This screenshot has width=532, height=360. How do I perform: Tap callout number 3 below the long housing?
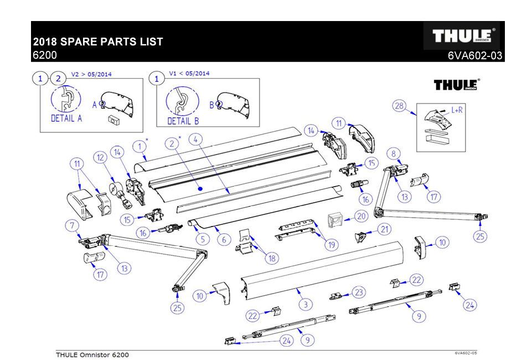click(304, 304)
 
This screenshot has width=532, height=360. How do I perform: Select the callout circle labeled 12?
click(100, 158)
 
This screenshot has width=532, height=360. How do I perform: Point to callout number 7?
click(71, 225)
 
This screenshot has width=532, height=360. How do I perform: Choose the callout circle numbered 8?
click(392, 153)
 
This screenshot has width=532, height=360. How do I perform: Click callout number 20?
click(361, 216)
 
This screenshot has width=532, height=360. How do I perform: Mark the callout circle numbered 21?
click(384, 229)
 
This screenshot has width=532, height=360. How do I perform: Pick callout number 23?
click(359, 292)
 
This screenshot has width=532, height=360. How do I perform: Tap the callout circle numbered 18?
click(272, 258)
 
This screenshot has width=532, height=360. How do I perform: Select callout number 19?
click(331, 244)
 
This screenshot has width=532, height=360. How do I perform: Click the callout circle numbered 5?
click(202, 239)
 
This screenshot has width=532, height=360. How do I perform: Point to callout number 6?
click(224, 240)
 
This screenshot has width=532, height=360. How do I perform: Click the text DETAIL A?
click(66, 119)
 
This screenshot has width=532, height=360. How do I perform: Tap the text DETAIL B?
click(183, 120)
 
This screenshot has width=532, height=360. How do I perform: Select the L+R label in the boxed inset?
click(457, 110)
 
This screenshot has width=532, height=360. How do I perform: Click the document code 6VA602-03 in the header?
click(476, 55)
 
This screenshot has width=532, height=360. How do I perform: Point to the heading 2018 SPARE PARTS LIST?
click(98, 42)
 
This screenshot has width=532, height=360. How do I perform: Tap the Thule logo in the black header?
click(462, 36)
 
